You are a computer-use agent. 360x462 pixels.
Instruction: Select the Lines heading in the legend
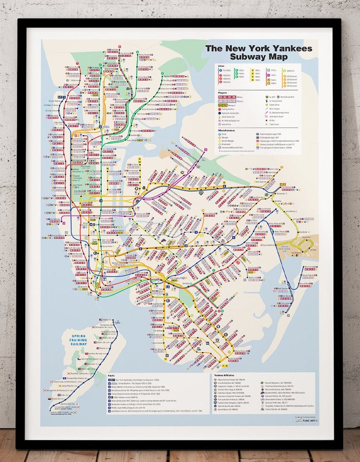[221, 66]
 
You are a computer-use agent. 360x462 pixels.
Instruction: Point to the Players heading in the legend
[222, 92]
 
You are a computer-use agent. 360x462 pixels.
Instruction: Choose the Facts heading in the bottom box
[111, 375]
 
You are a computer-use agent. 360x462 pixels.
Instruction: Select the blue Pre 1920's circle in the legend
[219, 71]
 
